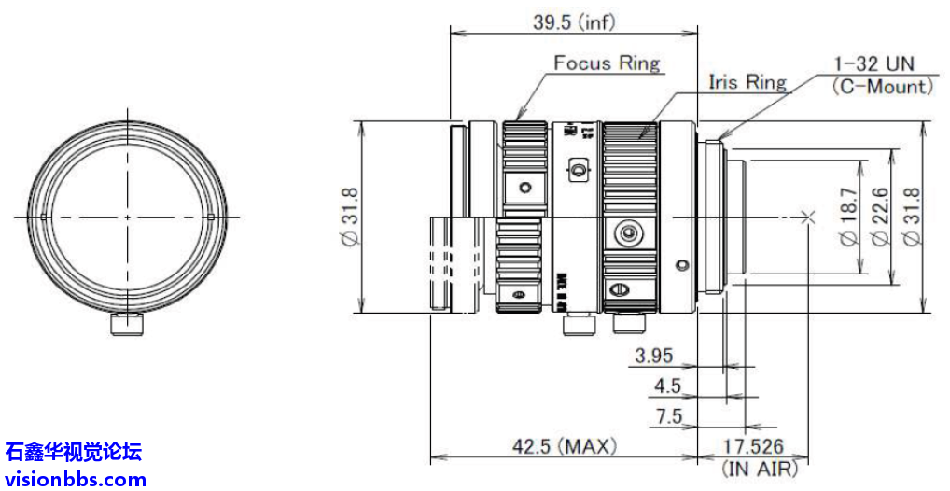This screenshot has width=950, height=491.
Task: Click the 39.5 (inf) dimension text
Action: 574,21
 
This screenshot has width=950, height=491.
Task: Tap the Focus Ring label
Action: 607,63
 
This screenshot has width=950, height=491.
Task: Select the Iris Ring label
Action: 747,82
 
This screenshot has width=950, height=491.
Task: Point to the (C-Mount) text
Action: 882,87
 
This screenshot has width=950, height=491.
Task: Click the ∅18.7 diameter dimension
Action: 848,217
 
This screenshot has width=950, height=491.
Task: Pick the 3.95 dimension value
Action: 653,356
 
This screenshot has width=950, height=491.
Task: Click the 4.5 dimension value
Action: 667,386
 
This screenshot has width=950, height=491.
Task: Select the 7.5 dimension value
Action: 669,416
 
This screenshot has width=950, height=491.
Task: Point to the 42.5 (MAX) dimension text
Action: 565,447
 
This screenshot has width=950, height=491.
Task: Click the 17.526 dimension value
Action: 753,447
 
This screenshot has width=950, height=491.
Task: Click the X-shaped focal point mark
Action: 808,217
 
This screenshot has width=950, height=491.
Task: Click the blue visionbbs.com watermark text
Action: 75,480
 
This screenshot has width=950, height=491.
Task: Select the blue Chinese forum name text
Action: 74,454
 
